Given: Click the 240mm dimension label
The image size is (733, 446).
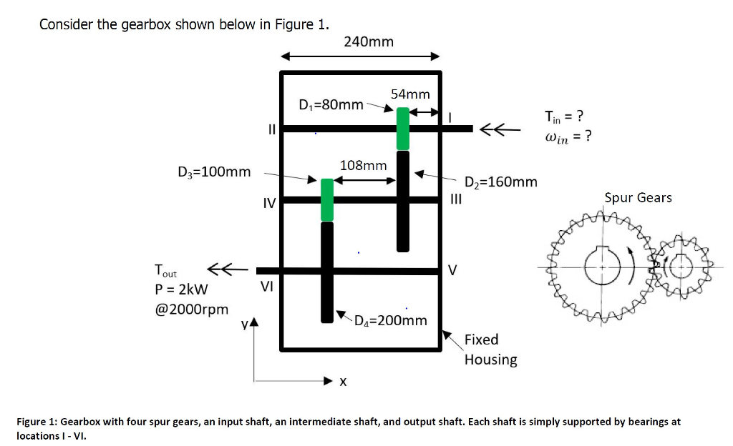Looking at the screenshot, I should (x=368, y=41).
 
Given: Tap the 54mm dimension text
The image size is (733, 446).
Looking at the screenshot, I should (x=410, y=94).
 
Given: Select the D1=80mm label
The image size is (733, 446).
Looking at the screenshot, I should (x=331, y=104).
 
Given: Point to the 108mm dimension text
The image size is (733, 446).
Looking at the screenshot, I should (x=363, y=165).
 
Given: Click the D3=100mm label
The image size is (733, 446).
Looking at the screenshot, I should (x=214, y=172).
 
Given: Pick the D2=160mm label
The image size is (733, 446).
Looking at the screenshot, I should (x=501, y=182).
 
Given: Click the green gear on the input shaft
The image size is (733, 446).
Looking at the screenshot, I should (x=403, y=129).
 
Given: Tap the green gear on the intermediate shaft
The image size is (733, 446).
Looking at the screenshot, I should (x=327, y=199).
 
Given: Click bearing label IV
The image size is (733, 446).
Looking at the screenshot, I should (x=268, y=204).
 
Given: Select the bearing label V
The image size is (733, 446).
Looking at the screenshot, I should (x=452, y=270).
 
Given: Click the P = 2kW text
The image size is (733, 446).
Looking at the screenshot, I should (x=181, y=289).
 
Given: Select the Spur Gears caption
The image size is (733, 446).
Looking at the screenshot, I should (x=638, y=197).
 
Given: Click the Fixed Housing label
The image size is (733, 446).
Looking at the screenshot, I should (x=490, y=349).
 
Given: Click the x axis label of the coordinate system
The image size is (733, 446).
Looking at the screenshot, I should (x=343, y=382).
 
